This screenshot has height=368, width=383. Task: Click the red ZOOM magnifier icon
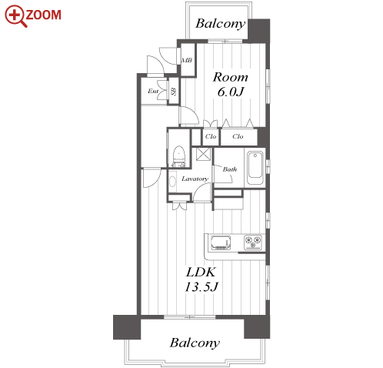(15, 15)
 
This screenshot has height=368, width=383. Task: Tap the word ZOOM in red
(43, 15)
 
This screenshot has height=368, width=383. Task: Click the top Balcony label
(221, 24)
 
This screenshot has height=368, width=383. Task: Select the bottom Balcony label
(195, 343)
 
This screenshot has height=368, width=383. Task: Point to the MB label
(187, 61)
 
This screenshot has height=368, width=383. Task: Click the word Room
(231, 77)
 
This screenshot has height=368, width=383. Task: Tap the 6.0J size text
(231, 92)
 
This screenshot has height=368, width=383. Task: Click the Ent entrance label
(153, 91)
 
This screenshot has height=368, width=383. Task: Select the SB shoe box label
(174, 92)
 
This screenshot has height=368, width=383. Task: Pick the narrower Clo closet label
(211, 136)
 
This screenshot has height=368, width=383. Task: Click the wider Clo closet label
(238, 136)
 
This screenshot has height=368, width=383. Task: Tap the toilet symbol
(178, 156)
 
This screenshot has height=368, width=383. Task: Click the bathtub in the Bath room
(255, 168)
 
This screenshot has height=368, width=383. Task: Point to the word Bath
(230, 169)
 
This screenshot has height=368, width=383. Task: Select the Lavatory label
(195, 179)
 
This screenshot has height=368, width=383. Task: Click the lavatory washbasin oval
(172, 182)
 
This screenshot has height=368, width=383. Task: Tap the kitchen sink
(221, 243)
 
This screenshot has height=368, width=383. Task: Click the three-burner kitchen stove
(253, 243)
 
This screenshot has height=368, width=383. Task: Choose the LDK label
(201, 273)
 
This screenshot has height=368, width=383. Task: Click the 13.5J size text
(201, 287)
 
